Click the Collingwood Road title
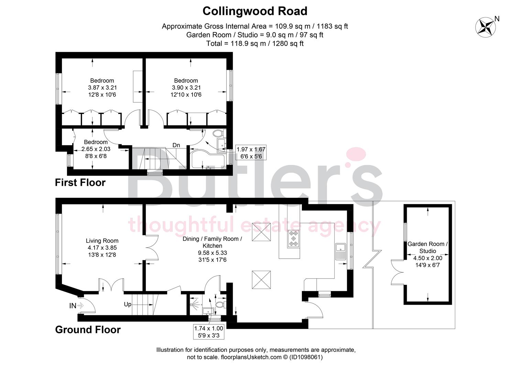[x=255, y=11]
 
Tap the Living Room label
[x=102, y=241]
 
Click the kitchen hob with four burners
[x=293, y=238]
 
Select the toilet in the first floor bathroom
[x=219, y=133]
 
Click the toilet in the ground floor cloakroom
[x=220, y=304]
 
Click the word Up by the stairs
[x=128, y=304]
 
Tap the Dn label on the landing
[x=176, y=145]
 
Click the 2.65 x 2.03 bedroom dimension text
[x=96, y=149]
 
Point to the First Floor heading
[x=80, y=182]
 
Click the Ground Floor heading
[x=88, y=330]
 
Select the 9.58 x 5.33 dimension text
[x=212, y=253]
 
